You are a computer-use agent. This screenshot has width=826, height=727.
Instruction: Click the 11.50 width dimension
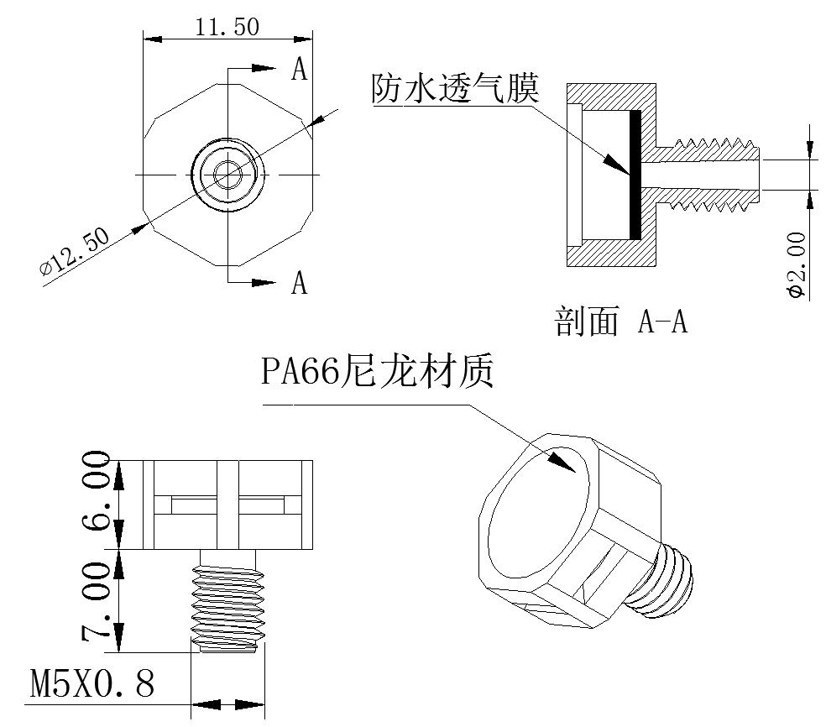tap(227, 27)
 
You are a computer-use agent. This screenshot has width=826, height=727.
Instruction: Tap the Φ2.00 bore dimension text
tap(797, 265)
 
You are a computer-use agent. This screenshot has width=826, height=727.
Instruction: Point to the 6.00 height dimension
tap(97, 490)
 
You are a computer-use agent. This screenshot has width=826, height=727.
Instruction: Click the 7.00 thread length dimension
tap(97, 601)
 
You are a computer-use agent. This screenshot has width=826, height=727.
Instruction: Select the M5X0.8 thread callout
tap(92, 683)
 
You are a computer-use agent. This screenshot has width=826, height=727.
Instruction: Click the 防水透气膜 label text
tap(456, 88)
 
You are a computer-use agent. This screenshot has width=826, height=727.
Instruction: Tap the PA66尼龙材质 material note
tap(378, 371)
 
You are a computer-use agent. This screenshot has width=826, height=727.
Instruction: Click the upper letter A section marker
tap(299, 69)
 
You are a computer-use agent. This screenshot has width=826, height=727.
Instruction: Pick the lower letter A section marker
tap(299, 282)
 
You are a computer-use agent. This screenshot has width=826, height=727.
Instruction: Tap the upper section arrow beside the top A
tap(264, 68)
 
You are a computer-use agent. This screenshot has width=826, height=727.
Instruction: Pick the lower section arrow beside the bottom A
tap(264, 283)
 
